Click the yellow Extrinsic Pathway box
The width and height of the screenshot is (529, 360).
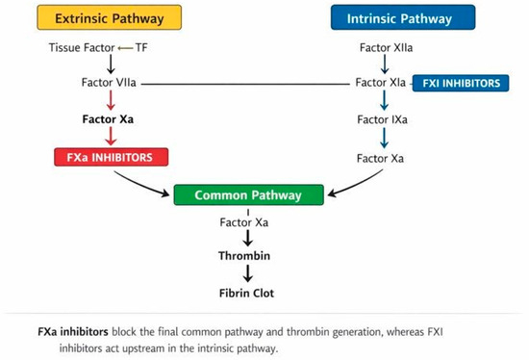pos(110,17)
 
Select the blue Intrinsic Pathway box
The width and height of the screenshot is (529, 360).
pos(403,17)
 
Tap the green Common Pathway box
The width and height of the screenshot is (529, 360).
pos(249,194)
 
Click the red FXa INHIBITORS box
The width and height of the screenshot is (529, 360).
pos(111,157)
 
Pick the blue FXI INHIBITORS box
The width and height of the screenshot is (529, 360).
pos(461,83)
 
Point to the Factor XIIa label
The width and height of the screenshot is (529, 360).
pos(386,47)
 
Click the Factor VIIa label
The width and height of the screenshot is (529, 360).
pos(109,83)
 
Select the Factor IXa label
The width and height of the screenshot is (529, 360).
pos(382,119)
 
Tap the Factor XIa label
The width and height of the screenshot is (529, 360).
pos(381,83)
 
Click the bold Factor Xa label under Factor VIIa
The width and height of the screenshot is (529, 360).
pos(108,119)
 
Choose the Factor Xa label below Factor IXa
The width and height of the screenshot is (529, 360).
pos(380,159)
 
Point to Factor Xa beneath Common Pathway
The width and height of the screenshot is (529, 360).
pos(244,222)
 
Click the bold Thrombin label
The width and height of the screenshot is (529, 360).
pos(244,256)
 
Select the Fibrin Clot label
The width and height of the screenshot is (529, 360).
pos(246,293)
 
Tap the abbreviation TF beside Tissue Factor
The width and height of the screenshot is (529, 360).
pos(141,47)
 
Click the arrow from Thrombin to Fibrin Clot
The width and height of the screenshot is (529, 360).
pos(248,273)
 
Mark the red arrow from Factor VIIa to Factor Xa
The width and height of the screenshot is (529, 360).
pos(111,100)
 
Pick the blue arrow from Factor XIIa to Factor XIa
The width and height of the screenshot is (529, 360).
pos(385,64)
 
